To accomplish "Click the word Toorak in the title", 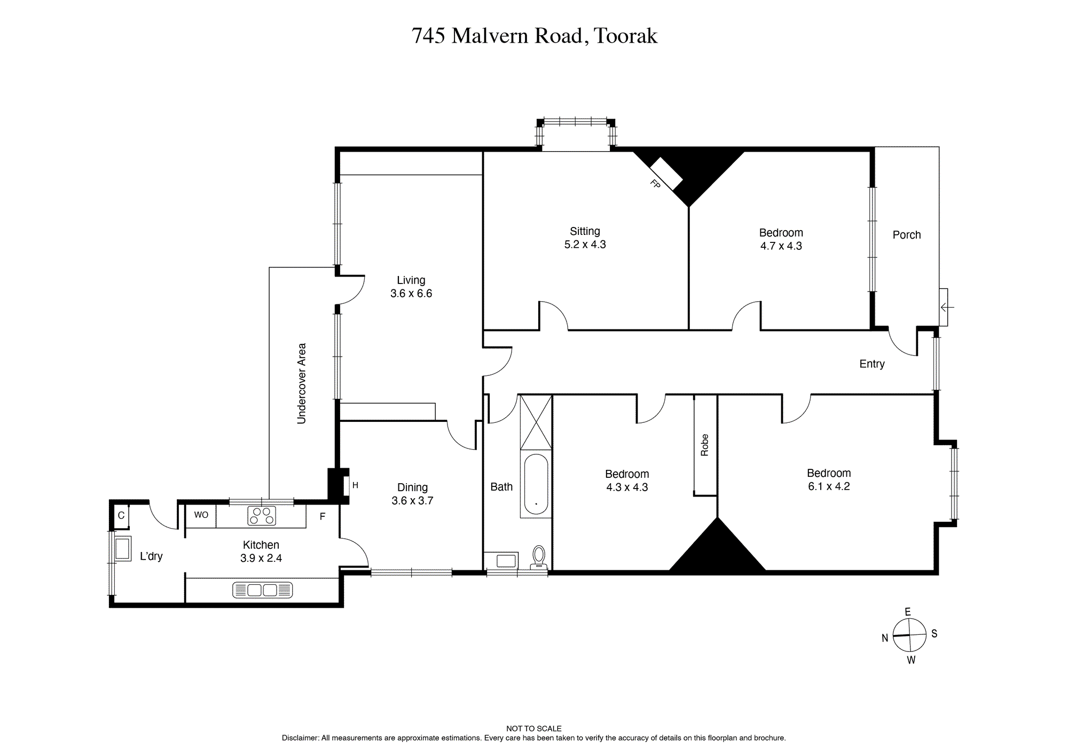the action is pyautogui.click(x=625, y=36).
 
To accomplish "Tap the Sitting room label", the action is pyautogui.click(x=585, y=231).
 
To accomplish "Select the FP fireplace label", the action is pyautogui.click(x=655, y=184).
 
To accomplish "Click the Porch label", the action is pyautogui.click(x=907, y=235).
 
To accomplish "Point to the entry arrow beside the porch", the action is pyautogui.click(x=947, y=307).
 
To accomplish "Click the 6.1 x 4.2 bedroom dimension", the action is pyautogui.click(x=829, y=486).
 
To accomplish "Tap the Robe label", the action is pyautogui.click(x=704, y=445).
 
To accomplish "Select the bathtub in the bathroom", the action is pyautogui.click(x=536, y=484).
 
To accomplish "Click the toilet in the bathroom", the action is pyautogui.click(x=538, y=556).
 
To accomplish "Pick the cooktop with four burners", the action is pyautogui.click(x=262, y=516).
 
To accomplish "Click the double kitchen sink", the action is pyautogui.click(x=263, y=590).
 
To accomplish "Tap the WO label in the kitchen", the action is pyautogui.click(x=201, y=515).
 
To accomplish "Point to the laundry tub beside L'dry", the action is pyautogui.click(x=122, y=548).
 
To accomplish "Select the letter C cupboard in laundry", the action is pyautogui.click(x=121, y=516).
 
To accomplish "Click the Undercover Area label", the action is pyautogui.click(x=301, y=383).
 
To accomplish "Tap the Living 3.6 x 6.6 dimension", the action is pyautogui.click(x=411, y=293).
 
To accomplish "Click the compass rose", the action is pyautogui.click(x=909, y=635).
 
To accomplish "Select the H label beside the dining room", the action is pyautogui.click(x=355, y=485).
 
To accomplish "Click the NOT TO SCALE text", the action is pyautogui.click(x=534, y=728).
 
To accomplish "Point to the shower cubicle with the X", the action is pyautogui.click(x=536, y=422).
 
